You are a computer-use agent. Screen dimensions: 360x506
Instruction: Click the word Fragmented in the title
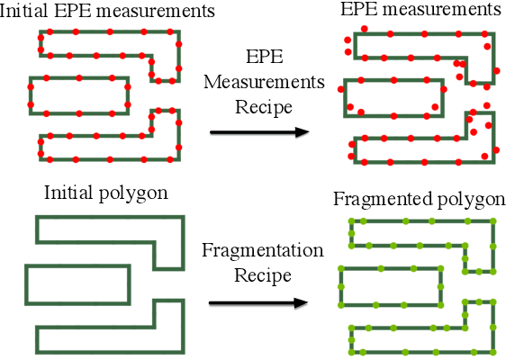[373, 199]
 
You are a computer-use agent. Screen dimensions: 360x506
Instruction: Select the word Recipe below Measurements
[264, 106]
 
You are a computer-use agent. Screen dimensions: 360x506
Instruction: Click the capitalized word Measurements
[264, 81]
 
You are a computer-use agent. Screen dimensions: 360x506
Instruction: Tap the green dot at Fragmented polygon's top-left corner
[350, 221]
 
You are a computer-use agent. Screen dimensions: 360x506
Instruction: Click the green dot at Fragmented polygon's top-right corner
[494, 221]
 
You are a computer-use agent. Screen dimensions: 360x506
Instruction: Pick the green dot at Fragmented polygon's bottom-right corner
[494, 349]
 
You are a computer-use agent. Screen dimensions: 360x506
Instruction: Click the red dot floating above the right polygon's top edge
[365, 29]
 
